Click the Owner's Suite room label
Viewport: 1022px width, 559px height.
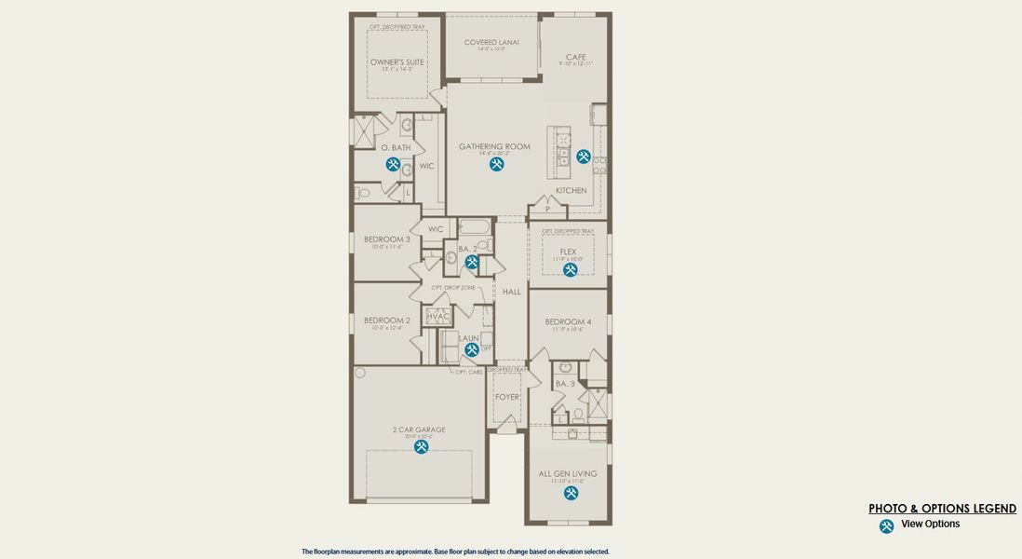click(397, 62)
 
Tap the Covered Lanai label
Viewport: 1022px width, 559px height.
click(491, 42)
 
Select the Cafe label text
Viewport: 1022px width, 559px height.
click(576, 57)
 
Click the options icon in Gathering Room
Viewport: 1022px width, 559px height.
click(497, 164)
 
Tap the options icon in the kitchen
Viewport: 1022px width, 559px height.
click(584, 157)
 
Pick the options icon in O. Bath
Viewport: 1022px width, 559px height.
click(394, 164)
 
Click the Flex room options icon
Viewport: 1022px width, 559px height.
click(570, 269)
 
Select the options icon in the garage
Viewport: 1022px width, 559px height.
click(421, 446)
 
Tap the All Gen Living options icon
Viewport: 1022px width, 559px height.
click(571, 492)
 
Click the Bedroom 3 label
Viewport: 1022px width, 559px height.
click(387, 239)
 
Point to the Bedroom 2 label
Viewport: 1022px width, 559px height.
click(387, 320)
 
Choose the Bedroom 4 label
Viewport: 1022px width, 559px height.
click(568, 321)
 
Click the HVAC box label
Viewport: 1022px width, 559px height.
click(438, 317)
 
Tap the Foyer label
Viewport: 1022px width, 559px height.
click(507, 397)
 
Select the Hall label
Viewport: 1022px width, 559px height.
click(512, 292)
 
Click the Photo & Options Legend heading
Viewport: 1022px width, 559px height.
click(942, 509)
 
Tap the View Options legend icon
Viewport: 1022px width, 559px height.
click(886, 526)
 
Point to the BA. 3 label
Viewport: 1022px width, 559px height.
click(565, 384)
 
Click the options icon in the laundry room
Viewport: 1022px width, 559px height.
click(472, 349)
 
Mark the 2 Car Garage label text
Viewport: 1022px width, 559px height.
click(419, 429)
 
